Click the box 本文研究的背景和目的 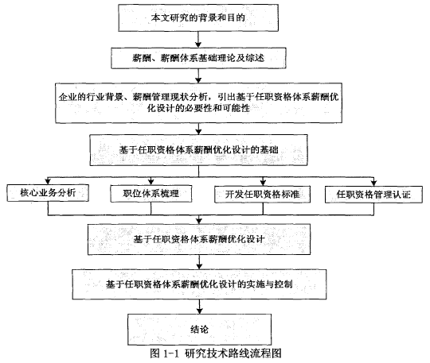point(198,17)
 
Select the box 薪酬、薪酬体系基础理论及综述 point(198,58)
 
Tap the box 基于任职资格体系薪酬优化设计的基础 point(198,150)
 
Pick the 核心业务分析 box point(48,193)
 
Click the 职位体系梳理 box point(150,194)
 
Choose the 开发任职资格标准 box point(262,195)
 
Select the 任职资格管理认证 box point(373,195)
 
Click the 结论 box point(199,330)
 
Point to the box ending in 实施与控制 point(199,284)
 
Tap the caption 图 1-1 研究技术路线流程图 point(216,353)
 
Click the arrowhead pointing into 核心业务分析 point(48,181)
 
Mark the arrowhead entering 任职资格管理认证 point(373,183)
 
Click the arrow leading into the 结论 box point(200,307)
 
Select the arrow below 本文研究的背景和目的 point(198,40)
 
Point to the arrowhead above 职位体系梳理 point(151,182)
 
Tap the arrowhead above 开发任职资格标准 point(263,183)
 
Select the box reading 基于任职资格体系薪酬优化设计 point(199,239)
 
